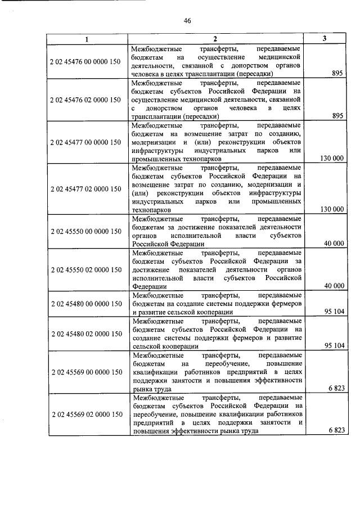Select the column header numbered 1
pyautogui.click(x=86, y=39)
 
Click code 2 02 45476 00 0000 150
pyautogui.click(x=85, y=61)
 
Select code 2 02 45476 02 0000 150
pyautogui.click(x=85, y=100)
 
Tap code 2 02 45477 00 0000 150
pyautogui.click(x=85, y=142)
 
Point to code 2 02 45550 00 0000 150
pyautogui.click(x=85, y=231)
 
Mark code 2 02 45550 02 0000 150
pyautogui.click(x=85, y=269)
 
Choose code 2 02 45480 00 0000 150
pyautogui.click(x=85, y=304)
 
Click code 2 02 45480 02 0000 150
pyautogui.click(x=85, y=334)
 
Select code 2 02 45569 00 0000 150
pyautogui.click(x=85, y=372)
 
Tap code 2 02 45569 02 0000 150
pyautogui.click(x=85, y=415)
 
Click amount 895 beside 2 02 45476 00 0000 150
pyautogui.click(x=337, y=73)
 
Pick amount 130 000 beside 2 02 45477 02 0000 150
pyautogui.click(x=331, y=209)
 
